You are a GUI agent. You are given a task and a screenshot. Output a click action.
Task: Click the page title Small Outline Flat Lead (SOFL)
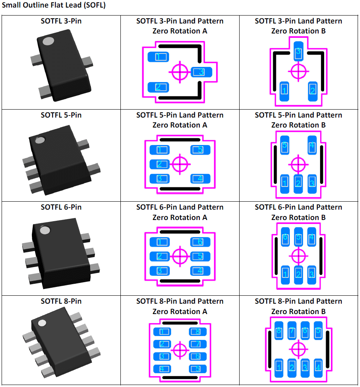coord(53,6)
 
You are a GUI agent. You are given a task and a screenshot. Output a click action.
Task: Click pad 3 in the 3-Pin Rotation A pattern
coord(202,72)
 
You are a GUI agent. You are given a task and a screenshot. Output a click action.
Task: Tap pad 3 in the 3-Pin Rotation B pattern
coord(299,51)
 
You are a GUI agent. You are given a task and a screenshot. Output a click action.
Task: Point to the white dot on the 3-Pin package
coord(48,41)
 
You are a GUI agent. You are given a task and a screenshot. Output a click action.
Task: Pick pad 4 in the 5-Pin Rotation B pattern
coord(312,146)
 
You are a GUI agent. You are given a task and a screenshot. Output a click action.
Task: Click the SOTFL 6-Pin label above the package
coord(61,207)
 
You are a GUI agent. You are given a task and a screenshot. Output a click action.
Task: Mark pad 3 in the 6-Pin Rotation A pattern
coord(159,271)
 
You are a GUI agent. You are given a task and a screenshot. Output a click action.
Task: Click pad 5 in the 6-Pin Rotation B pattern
coord(299,238)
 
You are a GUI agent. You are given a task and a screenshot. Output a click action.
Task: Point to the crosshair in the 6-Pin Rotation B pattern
coord(299,255)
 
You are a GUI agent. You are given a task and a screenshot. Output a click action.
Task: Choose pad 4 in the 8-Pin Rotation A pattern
coord(162,369)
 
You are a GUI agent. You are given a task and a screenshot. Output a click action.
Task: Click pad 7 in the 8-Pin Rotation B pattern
coord(292,331)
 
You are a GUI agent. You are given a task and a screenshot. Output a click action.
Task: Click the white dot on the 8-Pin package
coord(40,322)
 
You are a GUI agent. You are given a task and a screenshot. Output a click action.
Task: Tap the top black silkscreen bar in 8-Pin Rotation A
coord(180,322)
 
